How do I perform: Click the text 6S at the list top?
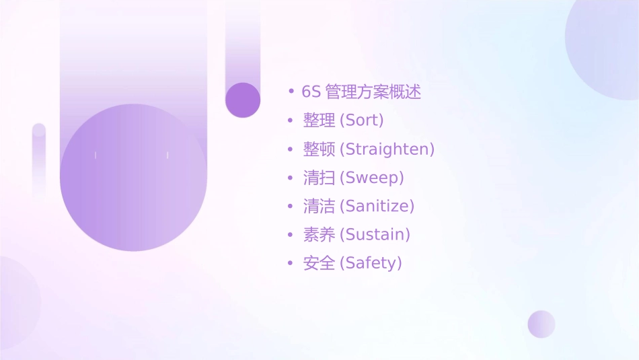[x=311, y=92]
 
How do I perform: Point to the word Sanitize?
[x=379, y=206]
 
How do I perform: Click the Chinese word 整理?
[x=319, y=121]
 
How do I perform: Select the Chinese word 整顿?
[x=319, y=149]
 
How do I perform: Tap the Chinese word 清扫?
[x=319, y=178]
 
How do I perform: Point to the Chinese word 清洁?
[x=319, y=206]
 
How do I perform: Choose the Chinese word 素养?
[x=319, y=235]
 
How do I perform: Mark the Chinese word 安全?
[x=319, y=263]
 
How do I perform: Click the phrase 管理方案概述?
[x=373, y=92]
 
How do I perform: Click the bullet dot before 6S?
[x=291, y=92]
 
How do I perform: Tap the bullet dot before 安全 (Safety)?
[x=291, y=263]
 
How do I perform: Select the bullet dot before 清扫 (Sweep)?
[x=291, y=178]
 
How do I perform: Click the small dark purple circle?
[x=243, y=100]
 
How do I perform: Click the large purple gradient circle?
[x=133, y=178]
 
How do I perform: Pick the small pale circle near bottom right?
[x=541, y=324]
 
